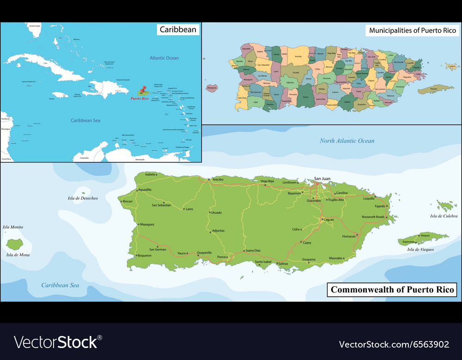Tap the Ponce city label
coord(222,257)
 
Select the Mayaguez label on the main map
coord(147,224)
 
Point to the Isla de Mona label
coord(18,255)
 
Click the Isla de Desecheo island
coord(84,193)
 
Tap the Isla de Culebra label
coord(444,216)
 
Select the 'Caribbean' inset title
coord(178,30)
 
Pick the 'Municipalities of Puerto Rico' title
coord(412,30)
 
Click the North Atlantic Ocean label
coord(347,141)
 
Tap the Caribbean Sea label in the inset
coord(85,120)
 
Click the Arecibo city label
coord(218,179)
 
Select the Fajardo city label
coord(380,206)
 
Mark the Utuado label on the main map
coord(216,213)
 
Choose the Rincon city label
coord(127,201)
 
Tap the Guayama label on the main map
coord(309,259)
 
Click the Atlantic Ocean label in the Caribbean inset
coord(164,58)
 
